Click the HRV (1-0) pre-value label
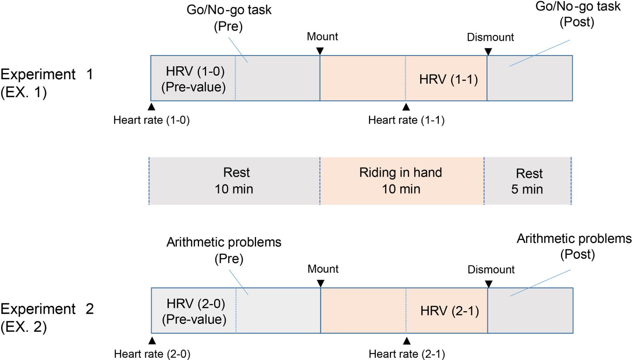[x=194, y=79]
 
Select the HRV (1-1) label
[x=448, y=80]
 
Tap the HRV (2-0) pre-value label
[x=194, y=311]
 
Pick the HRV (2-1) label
[x=450, y=311]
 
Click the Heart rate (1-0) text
[x=151, y=120]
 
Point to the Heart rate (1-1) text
[x=406, y=120]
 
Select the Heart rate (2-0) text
[x=152, y=354]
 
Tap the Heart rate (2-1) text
[x=407, y=354]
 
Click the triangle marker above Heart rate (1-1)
[x=406, y=107]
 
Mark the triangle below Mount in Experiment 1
[x=320, y=51]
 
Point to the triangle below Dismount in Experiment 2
[x=489, y=284]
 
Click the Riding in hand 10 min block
[x=401, y=181]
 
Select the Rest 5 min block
[x=528, y=181]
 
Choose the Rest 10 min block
[x=234, y=181]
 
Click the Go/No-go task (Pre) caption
[x=229, y=18]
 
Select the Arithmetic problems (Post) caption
[x=574, y=246]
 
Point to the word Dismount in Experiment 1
[x=490, y=37]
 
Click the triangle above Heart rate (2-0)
[x=152, y=341]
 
